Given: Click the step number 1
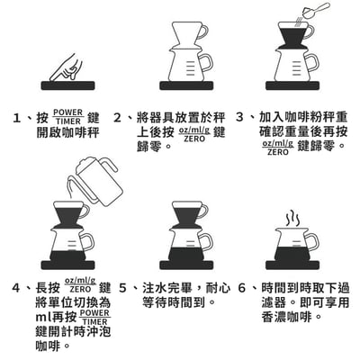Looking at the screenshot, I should (x=18, y=118).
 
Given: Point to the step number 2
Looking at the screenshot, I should (x=117, y=118).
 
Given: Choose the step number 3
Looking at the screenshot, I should (x=240, y=118).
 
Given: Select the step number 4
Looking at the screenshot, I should (x=18, y=288).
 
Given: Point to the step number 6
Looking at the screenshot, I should (x=241, y=288).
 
